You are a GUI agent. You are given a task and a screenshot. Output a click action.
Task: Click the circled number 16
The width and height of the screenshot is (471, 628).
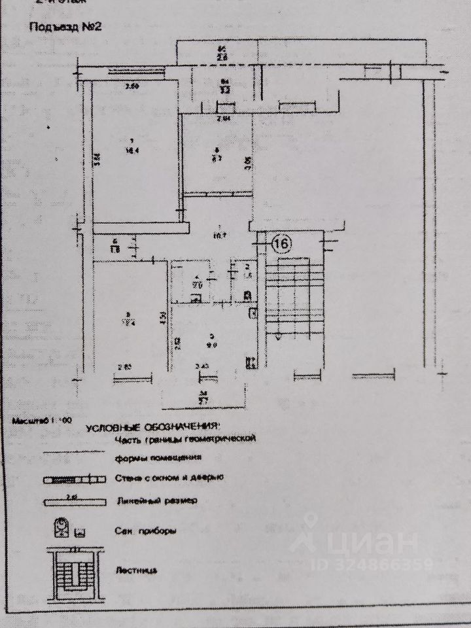pos(281,243)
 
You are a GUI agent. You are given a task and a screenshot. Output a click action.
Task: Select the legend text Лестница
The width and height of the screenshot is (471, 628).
pos(135,569)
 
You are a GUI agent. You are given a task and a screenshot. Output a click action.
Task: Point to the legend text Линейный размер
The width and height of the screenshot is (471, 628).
pos(147,501)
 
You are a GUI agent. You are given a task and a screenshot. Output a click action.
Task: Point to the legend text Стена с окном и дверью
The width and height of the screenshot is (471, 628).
pos(169,478)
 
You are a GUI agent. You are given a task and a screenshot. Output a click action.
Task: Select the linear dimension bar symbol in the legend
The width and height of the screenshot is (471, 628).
pos(74,502)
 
